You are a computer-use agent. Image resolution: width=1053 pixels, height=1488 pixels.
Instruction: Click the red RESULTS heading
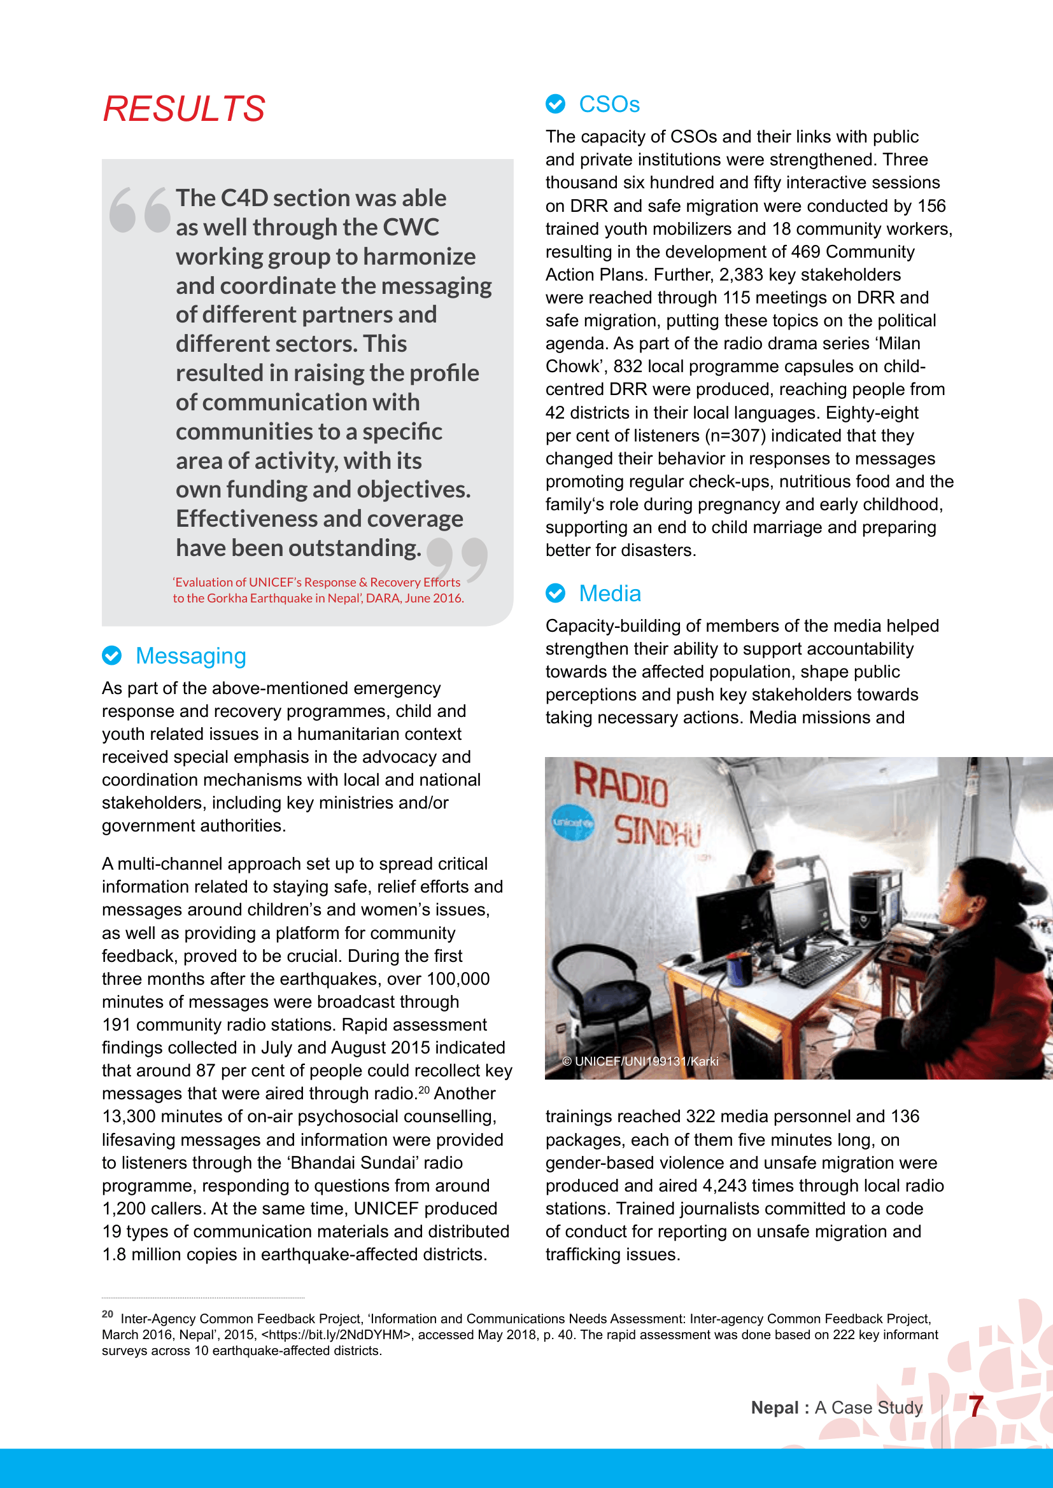click(184, 109)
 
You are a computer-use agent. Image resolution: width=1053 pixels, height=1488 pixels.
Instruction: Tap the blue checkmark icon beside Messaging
click(111, 656)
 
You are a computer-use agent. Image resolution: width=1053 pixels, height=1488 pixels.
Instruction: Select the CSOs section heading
click(609, 104)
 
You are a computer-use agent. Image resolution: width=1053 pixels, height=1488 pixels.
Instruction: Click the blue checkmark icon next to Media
click(555, 593)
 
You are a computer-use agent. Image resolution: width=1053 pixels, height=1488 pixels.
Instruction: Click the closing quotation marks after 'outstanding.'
click(457, 558)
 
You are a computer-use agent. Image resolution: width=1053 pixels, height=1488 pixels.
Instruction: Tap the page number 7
click(975, 1407)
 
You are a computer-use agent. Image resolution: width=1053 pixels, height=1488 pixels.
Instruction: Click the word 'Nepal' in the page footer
click(774, 1408)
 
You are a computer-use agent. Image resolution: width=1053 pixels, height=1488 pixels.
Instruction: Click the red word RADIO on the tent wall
click(621, 785)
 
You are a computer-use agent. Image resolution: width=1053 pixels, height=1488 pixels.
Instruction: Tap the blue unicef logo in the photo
click(572, 823)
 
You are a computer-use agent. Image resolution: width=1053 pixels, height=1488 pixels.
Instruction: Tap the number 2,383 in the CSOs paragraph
click(740, 275)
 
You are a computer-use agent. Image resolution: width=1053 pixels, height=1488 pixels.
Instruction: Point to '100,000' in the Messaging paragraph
click(458, 979)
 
